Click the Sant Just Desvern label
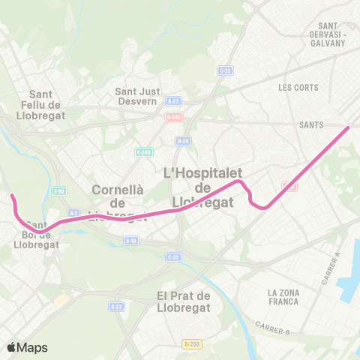[x=136, y=97]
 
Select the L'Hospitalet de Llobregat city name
[x=199, y=187]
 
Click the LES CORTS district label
[x=298, y=88]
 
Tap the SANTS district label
[x=310, y=125]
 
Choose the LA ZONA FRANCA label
[x=283, y=297]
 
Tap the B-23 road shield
[x=173, y=101]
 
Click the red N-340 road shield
[x=173, y=117]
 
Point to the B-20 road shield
[x=182, y=140]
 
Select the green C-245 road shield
[x=143, y=151]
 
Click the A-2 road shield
[x=73, y=213]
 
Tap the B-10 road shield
[x=131, y=241]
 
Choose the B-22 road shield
[x=116, y=306]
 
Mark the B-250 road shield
[x=191, y=343]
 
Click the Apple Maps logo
[x=27, y=347]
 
